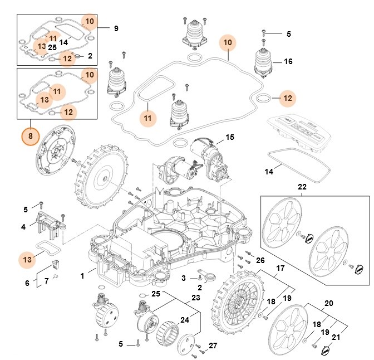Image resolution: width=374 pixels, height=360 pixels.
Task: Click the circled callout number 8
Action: [x=31, y=135]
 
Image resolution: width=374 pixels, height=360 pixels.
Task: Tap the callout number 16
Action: [x=288, y=61]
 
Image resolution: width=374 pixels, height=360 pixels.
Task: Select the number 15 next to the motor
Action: [x=230, y=137]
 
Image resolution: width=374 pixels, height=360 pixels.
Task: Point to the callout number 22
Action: [x=302, y=187]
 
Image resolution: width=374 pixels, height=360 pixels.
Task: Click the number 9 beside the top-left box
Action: [x=116, y=28]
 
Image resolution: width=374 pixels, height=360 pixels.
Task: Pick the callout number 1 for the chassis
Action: [x=82, y=275]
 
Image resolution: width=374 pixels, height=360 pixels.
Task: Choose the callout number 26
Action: [x=260, y=260]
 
